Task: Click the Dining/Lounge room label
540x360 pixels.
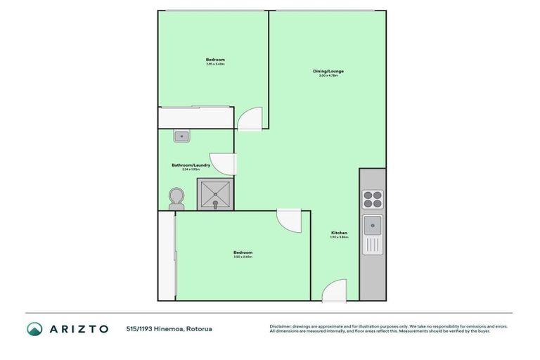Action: (328, 71)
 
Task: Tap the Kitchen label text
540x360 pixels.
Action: (339, 233)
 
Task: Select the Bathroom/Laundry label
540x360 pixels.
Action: (191, 165)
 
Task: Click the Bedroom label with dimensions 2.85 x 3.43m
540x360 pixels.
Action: (215, 60)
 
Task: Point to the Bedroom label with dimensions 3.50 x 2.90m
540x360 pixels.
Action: (243, 252)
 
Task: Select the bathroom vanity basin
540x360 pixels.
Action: (182, 136)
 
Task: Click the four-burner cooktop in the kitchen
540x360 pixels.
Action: (372, 200)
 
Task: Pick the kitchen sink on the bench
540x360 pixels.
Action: (372, 226)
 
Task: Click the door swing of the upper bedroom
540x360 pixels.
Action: (250, 119)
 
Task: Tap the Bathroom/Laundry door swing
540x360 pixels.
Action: (221, 163)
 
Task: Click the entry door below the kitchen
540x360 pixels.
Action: (335, 290)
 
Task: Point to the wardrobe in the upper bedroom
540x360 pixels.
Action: (195, 117)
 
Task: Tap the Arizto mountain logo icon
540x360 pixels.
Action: (34, 328)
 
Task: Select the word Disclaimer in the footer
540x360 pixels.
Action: (281, 326)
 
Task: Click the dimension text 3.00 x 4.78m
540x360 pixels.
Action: (328, 75)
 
